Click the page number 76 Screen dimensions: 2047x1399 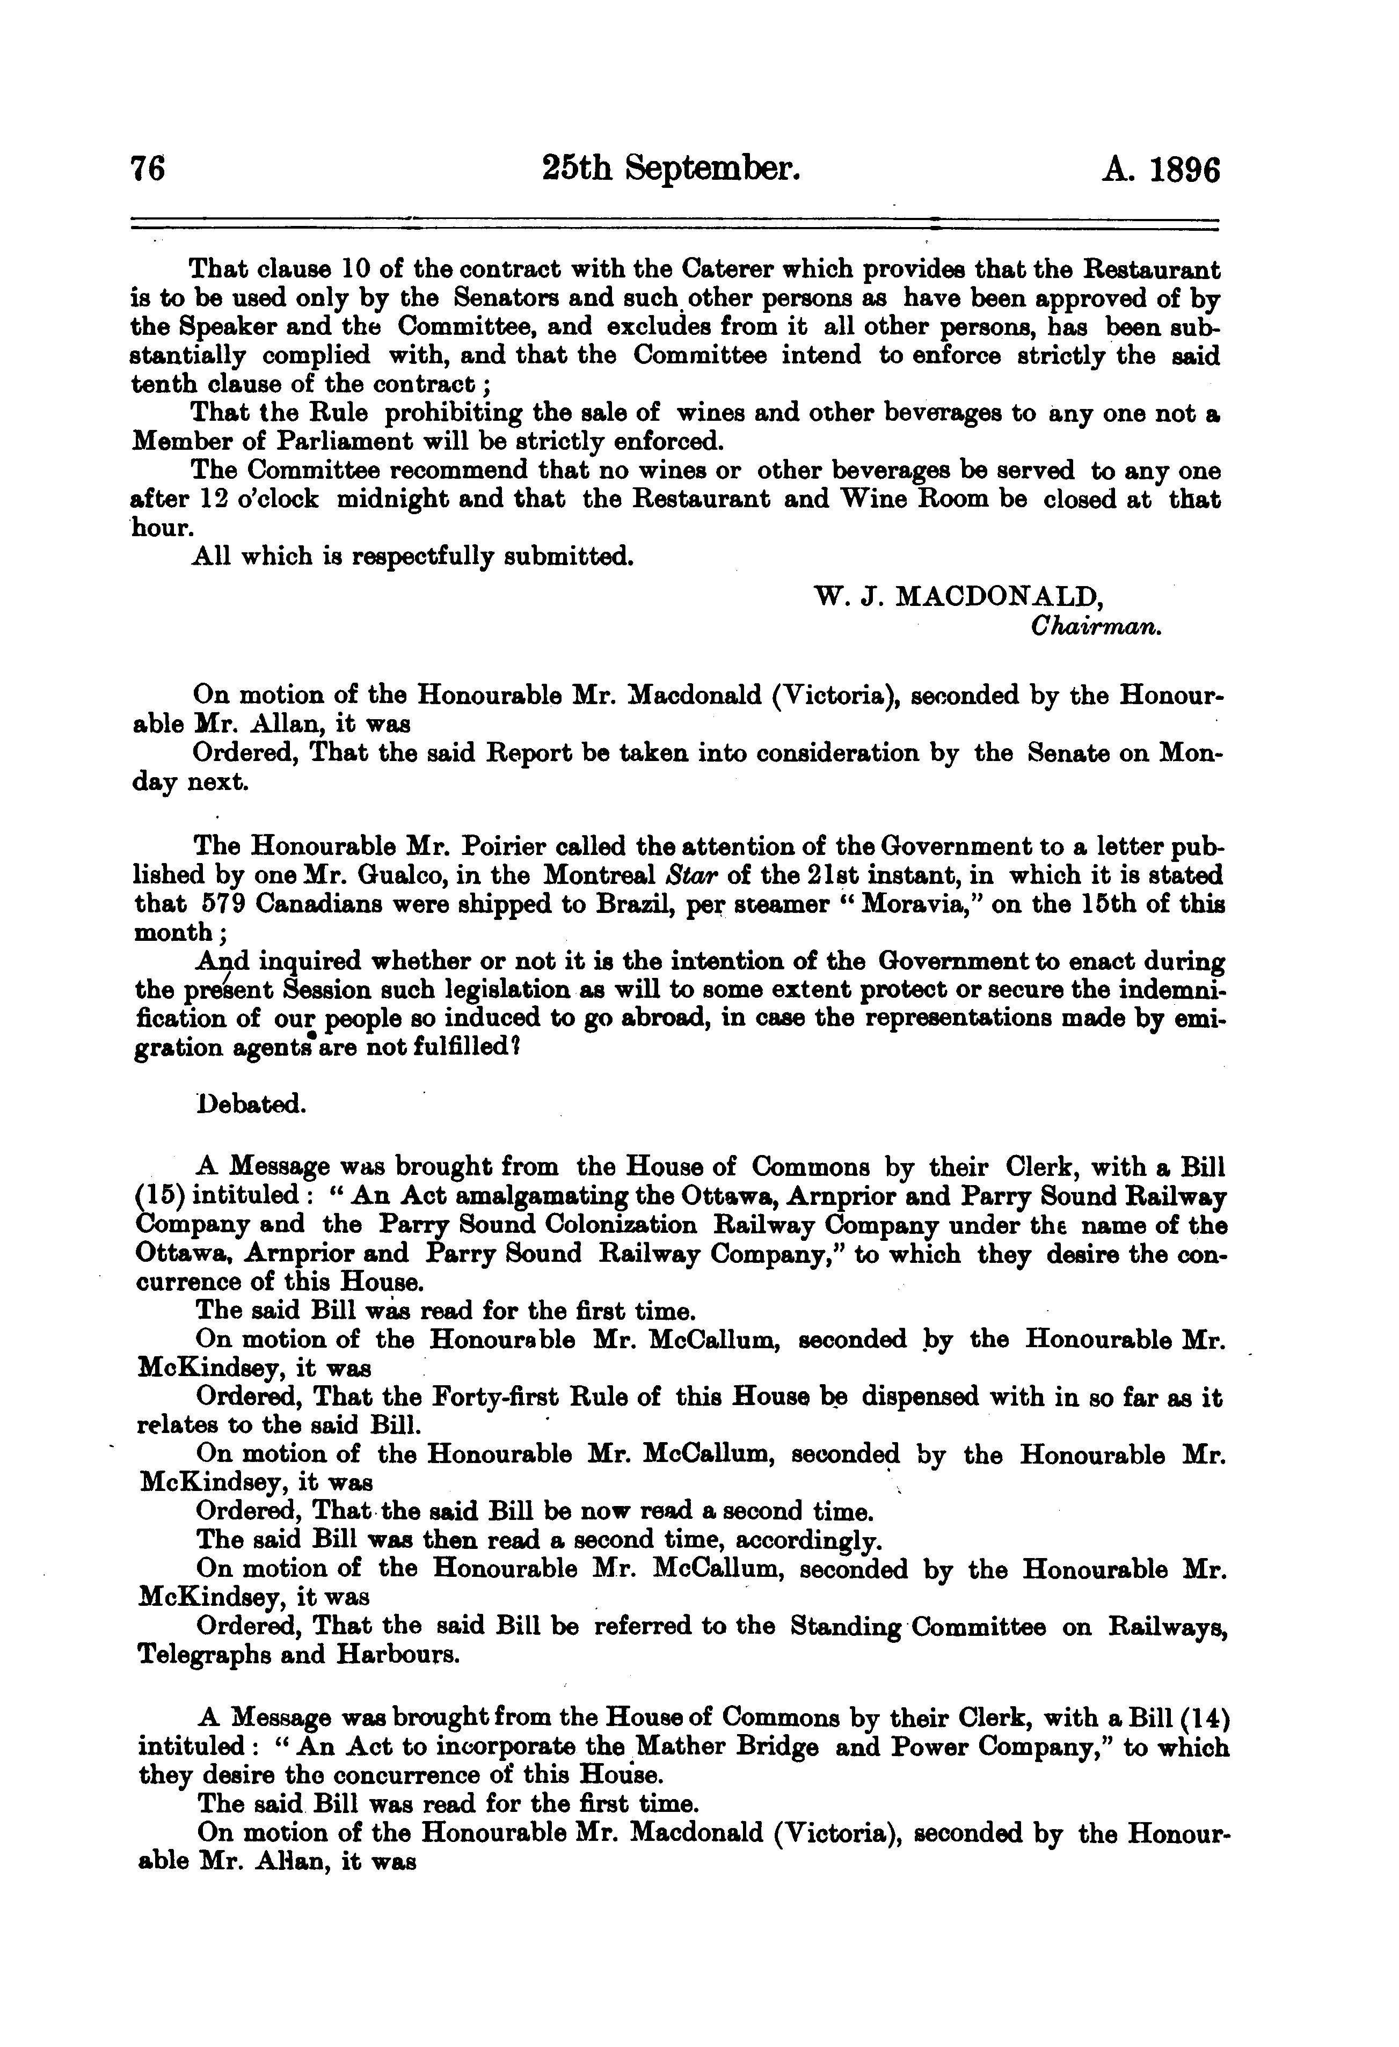point(148,168)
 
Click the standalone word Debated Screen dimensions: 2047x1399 point(251,1103)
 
